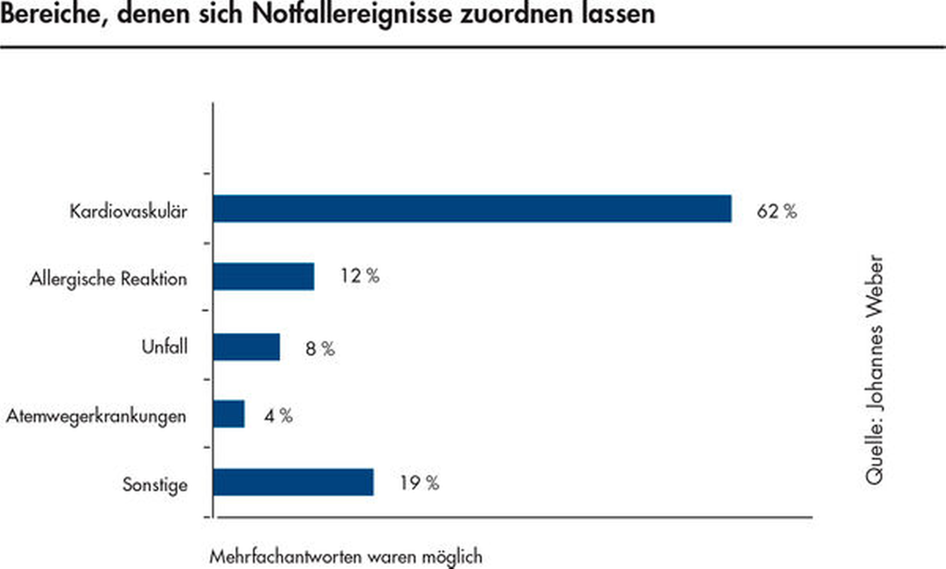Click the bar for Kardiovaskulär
472,209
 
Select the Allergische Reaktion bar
263,277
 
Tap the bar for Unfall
246,347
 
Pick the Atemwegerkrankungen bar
229,414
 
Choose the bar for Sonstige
293,482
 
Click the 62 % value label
776,212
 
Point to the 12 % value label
359,276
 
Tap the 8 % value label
320,348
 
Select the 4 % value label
278,416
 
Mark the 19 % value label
419,483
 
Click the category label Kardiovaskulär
128,212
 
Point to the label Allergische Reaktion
109,279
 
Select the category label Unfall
165,347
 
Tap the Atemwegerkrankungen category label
96,416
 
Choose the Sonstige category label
155,484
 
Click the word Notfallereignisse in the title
352,13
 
